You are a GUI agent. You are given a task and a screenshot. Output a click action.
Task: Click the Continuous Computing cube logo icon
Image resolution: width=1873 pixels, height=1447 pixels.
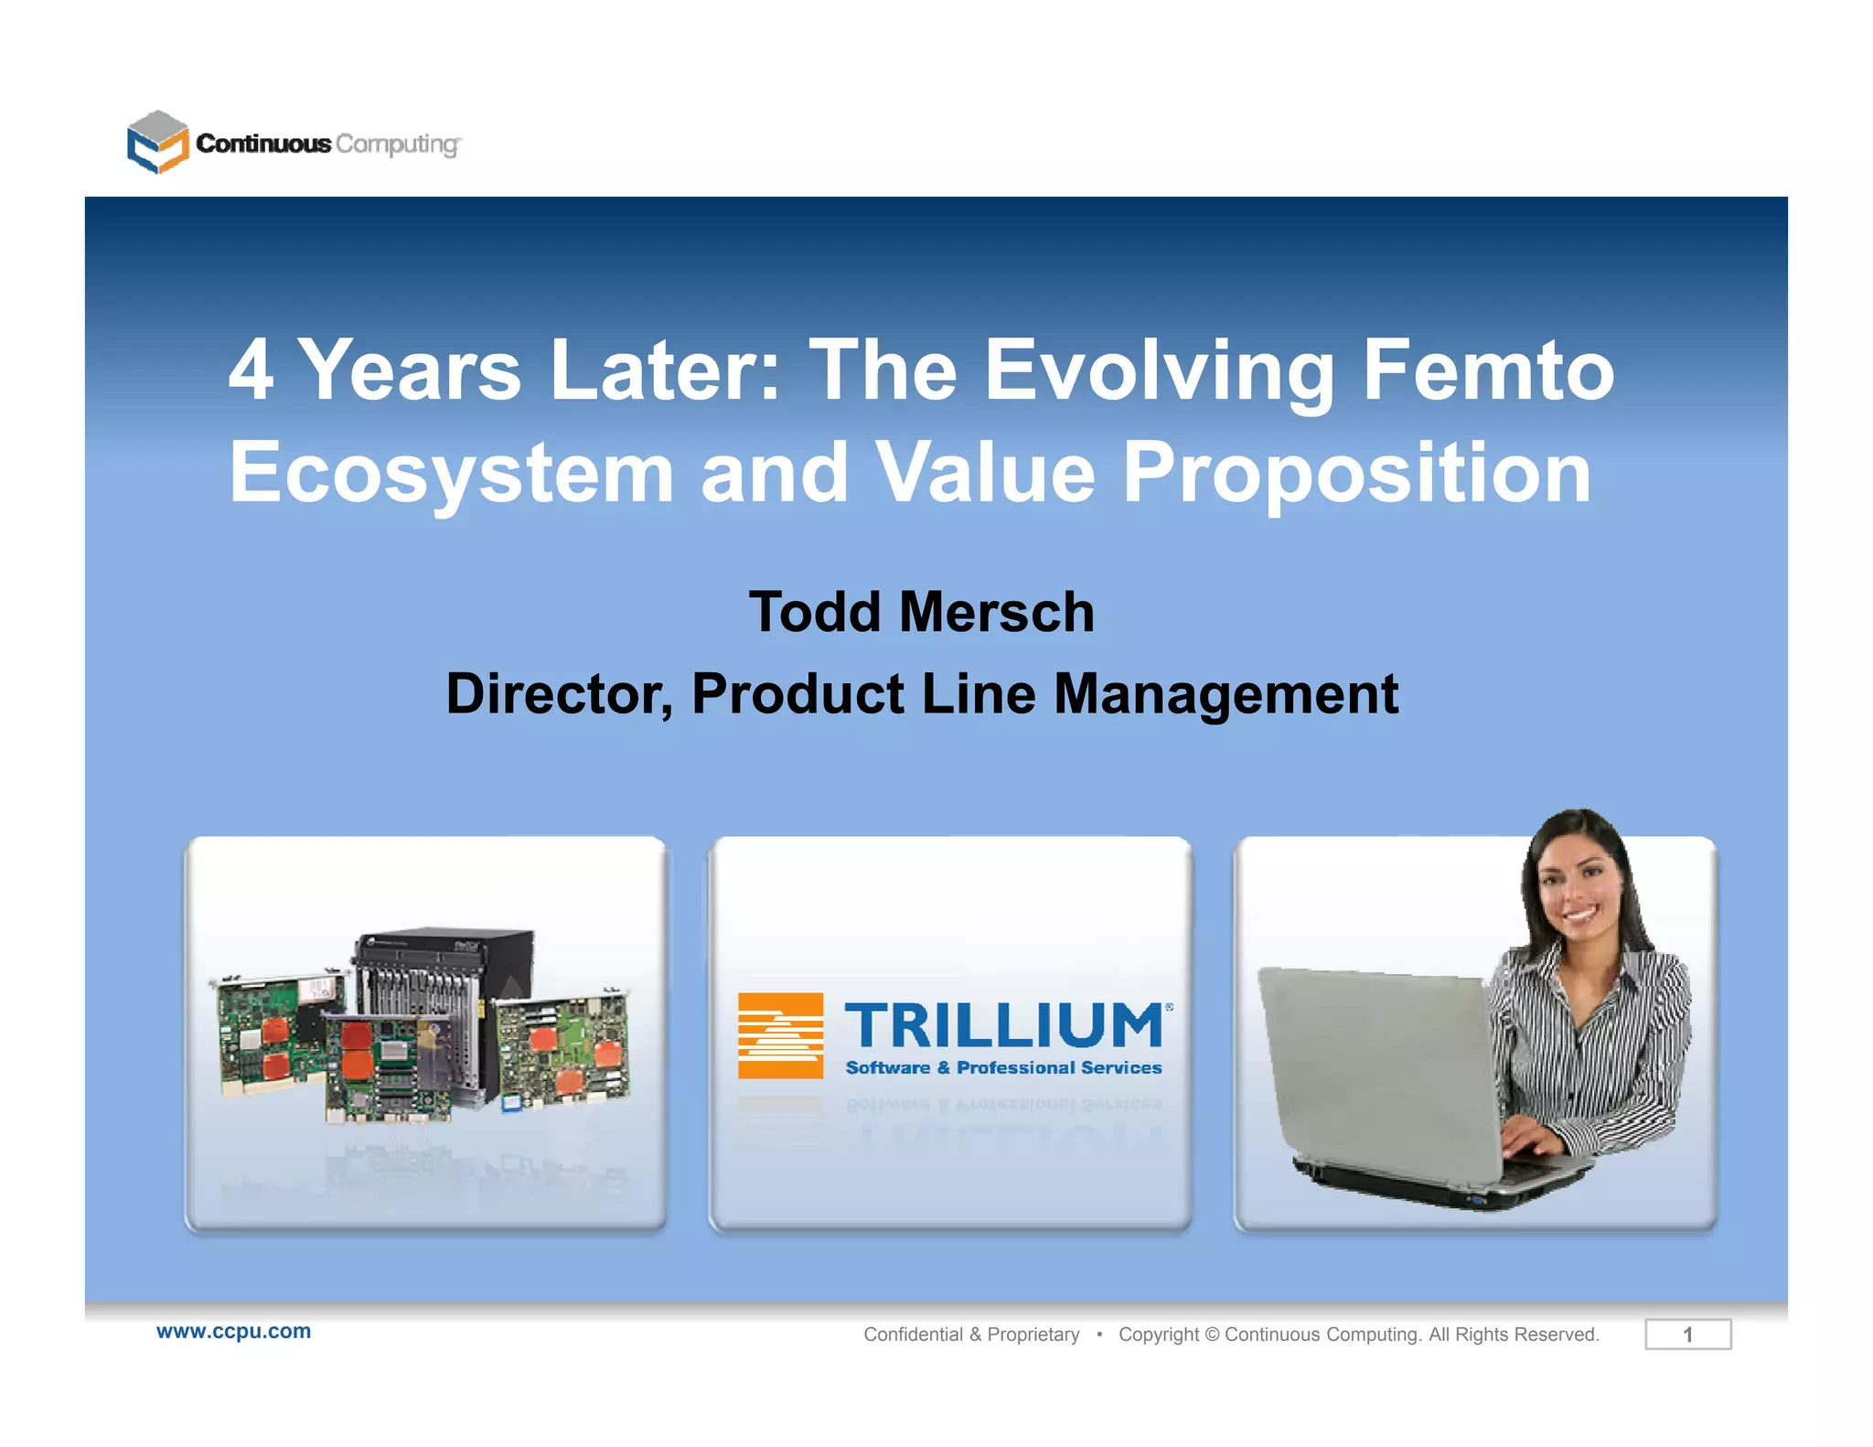click(x=157, y=142)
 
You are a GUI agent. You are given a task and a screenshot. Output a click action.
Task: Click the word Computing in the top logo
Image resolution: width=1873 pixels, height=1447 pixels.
click(x=397, y=145)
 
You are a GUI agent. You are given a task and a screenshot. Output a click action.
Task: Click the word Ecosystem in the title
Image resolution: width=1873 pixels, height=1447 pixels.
click(x=451, y=474)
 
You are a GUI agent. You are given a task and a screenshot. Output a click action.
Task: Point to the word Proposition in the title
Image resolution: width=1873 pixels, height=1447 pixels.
click(x=1356, y=474)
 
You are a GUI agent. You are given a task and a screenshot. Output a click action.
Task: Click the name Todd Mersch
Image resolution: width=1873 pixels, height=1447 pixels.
click(x=921, y=611)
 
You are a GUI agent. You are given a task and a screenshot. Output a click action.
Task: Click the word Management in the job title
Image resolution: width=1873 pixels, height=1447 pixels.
click(x=1225, y=693)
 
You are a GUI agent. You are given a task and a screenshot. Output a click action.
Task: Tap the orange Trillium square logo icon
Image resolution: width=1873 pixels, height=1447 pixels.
click(x=780, y=1035)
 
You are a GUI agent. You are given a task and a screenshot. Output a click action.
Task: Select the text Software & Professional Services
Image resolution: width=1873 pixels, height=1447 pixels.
click(x=1003, y=1067)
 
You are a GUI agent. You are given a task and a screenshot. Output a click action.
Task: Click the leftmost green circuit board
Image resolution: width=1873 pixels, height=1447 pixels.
click(x=270, y=1034)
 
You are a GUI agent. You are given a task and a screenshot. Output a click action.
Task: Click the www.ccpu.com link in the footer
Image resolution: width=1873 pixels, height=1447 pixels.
click(x=233, y=1331)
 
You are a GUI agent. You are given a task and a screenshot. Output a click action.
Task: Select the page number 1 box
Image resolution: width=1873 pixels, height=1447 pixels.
click(x=1687, y=1334)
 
